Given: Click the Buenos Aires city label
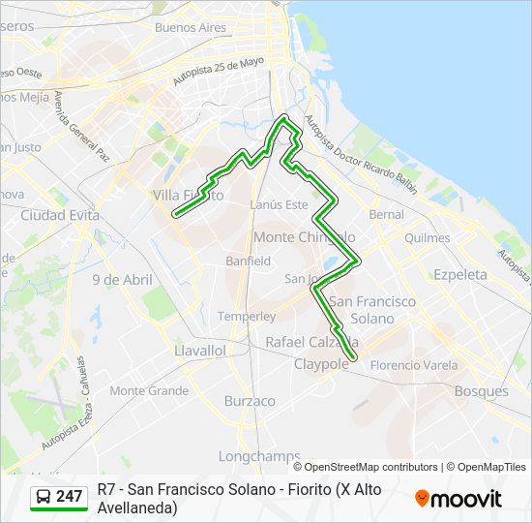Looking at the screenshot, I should coord(190,27).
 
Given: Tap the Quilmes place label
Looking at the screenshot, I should coord(428,237).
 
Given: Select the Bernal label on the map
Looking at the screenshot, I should coord(386,214).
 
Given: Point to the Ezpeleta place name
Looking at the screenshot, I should coord(460,274).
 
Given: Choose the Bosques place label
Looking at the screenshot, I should coord(481,391).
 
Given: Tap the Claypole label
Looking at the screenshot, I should coord(320,364).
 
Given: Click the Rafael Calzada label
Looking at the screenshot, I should coord(311,342).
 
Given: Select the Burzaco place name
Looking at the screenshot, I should coord(250,400).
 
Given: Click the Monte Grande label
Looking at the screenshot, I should coord(149,391).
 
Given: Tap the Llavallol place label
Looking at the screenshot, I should coord(200,350).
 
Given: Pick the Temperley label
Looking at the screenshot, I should coord(247,317).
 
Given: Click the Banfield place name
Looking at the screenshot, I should coord(249,261).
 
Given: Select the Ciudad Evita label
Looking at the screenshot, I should coord(60,215).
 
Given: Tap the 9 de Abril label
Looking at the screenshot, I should coord(123,279).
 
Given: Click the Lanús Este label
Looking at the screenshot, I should coord(279,204).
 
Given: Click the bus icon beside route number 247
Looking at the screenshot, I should coord(44,497).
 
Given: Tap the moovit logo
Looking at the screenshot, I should coord(458,499).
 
